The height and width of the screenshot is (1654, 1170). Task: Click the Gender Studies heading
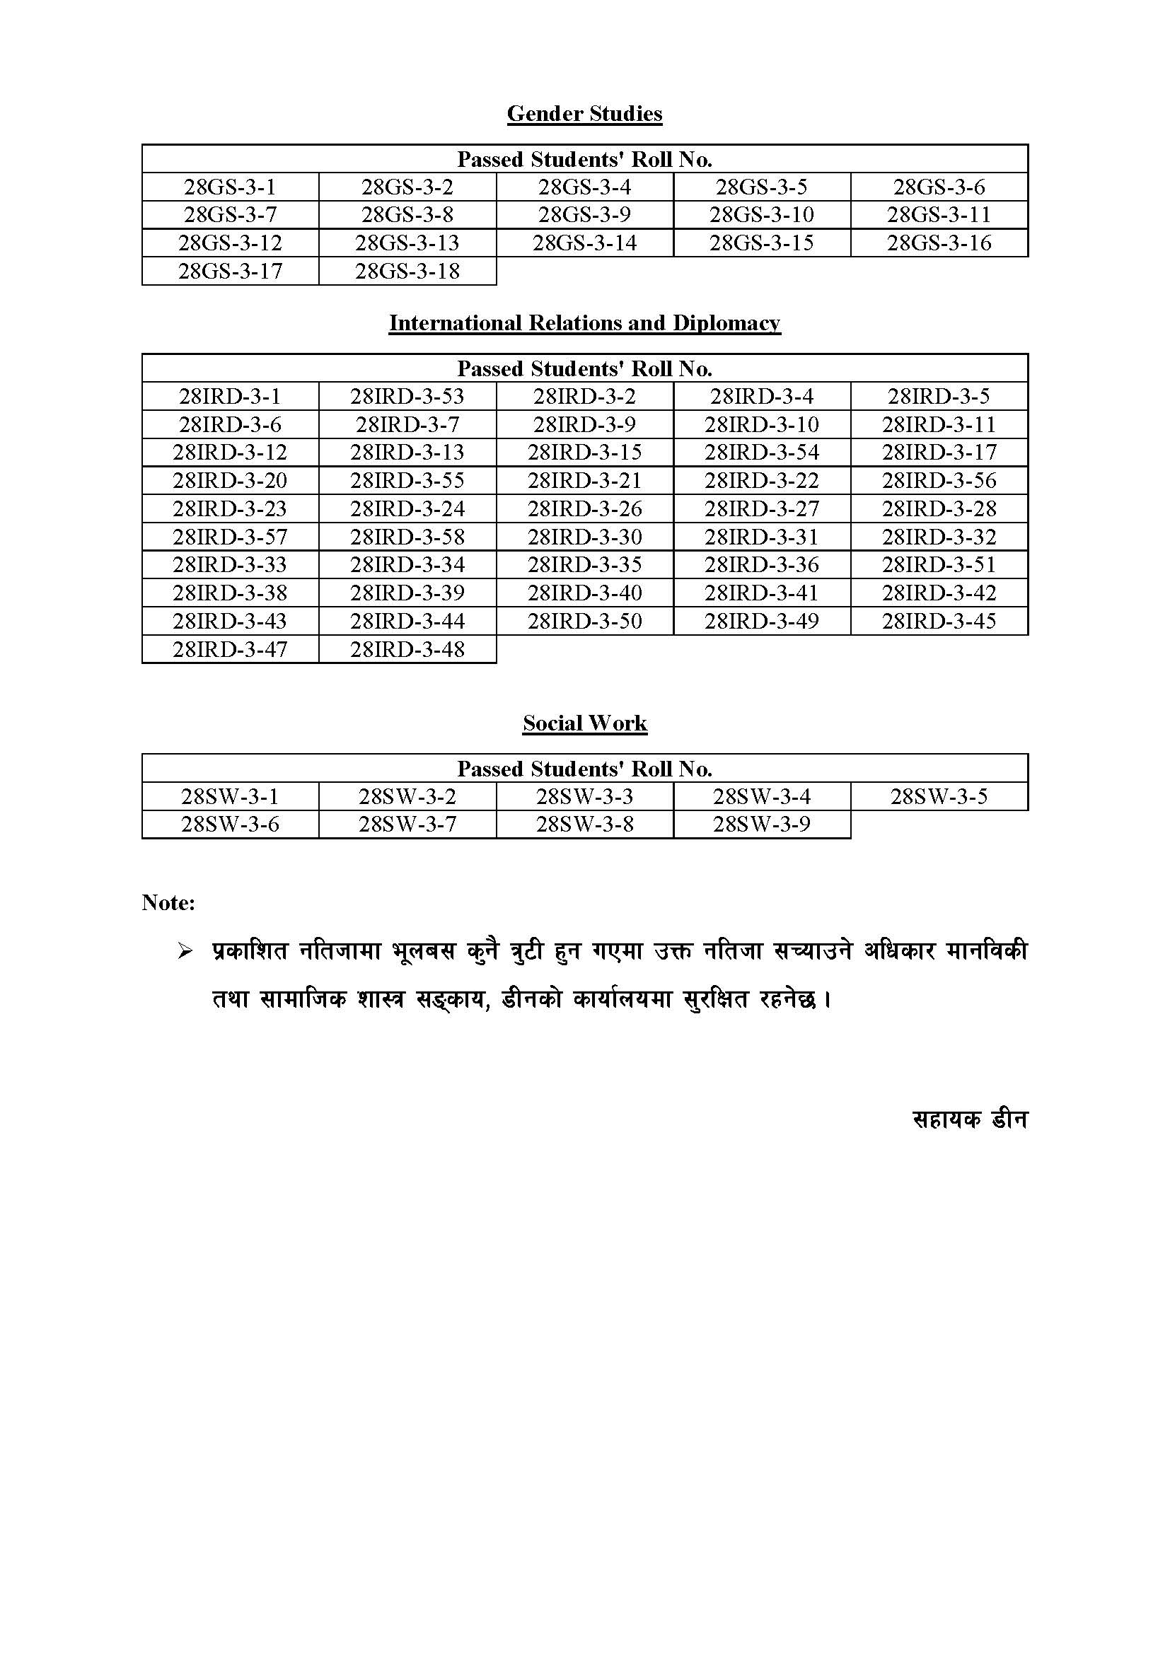584,114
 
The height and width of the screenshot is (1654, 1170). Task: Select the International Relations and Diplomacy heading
584,322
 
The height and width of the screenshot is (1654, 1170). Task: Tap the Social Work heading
584,723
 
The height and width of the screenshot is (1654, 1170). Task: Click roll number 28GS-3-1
230,187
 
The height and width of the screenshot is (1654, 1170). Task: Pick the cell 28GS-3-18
407,272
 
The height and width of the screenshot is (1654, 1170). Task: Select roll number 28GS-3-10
762,215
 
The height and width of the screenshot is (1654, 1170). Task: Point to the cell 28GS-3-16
939,243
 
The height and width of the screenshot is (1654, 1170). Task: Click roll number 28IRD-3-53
407,396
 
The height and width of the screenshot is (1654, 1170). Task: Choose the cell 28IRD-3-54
762,453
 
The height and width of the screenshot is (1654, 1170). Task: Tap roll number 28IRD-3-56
939,480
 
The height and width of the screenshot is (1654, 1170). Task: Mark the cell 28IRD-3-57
230,537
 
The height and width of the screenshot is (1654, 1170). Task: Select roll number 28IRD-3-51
939,565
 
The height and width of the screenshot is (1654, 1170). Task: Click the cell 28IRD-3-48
407,650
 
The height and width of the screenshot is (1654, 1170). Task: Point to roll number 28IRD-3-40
584,593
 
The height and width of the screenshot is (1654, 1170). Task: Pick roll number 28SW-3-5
939,797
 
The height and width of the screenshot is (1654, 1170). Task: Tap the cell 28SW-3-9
762,824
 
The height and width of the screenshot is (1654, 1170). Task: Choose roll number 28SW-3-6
230,824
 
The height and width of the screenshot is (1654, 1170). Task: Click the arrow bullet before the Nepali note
185,952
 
